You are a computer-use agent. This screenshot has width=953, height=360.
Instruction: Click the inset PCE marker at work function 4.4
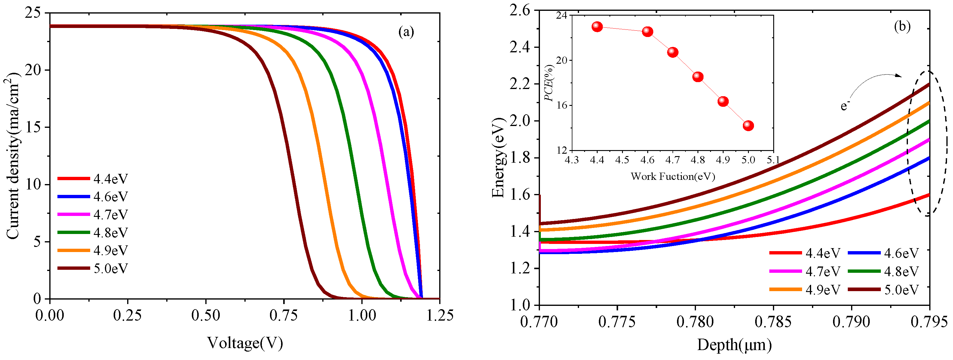click(x=597, y=27)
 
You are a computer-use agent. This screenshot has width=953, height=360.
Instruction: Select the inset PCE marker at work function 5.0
click(x=748, y=126)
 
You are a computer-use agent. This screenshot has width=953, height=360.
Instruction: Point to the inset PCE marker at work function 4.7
click(x=673, y=52)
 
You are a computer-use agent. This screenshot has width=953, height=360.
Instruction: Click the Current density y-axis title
click(x=13, y=155)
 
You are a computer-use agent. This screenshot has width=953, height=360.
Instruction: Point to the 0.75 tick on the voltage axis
click(x=283, y=315)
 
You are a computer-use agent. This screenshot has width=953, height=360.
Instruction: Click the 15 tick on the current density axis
click(x=34, y=127)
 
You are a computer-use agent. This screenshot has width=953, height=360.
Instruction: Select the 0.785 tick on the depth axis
click(x=773, y=322)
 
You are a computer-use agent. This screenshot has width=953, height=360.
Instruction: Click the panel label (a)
click(x=406, y=32)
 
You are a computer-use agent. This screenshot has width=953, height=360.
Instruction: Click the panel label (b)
click(x=902, y=27)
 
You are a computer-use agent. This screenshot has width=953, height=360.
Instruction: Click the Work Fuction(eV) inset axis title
click(x=673, y=176)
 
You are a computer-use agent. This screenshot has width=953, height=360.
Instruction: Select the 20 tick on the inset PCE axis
click(x=562, y=60)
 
